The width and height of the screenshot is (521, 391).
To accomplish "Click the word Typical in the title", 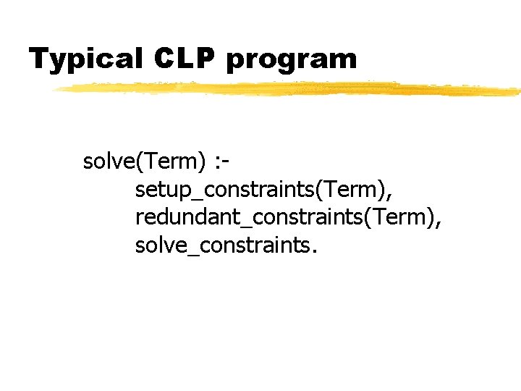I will pos(85,59).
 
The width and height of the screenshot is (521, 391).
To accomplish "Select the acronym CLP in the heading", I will pos(185,58).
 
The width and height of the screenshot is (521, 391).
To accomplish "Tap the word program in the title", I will pos(292,61).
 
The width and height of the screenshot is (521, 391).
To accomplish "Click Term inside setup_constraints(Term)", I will pos(351,190).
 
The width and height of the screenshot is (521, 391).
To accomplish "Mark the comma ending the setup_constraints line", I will pos(393,195).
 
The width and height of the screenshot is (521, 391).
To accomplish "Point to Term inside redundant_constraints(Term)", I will pos(396,218).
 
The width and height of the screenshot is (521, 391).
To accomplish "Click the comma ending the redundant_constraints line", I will pos(438,224).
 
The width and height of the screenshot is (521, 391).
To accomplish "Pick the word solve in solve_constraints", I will pos(157,246).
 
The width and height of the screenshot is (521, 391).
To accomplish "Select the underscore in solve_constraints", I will pos(184,255).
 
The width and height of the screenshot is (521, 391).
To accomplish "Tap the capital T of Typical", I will pos(38,58).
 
